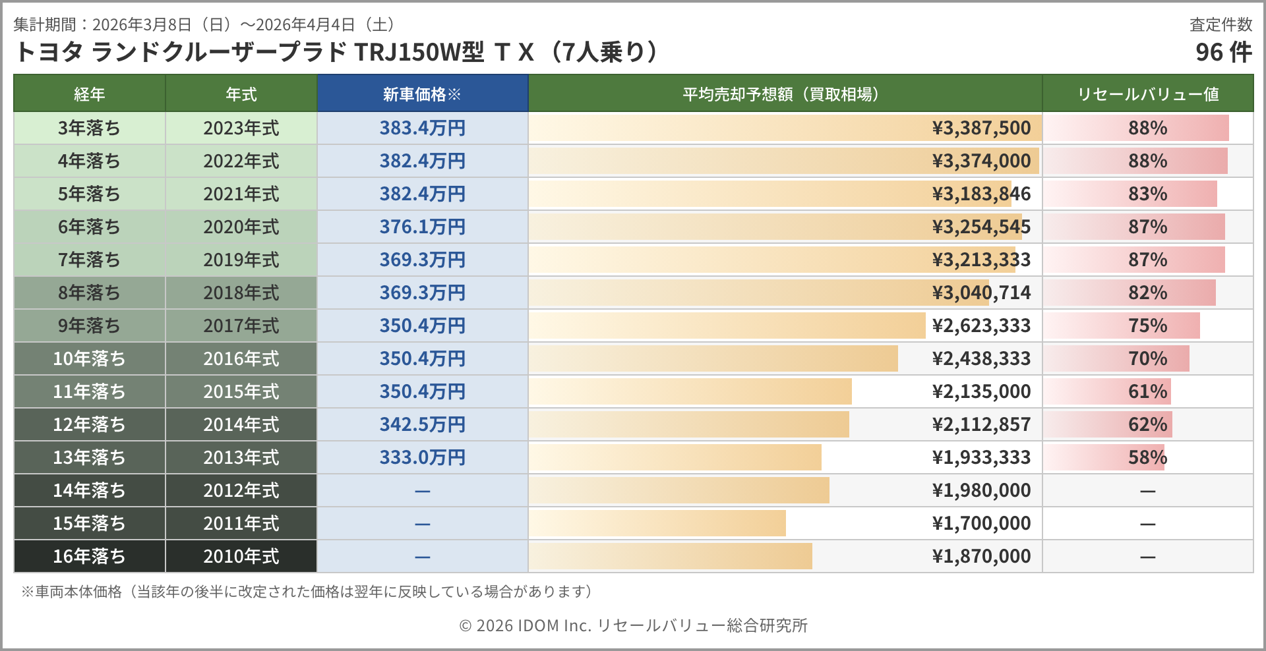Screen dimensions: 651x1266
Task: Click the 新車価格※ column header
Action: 422,94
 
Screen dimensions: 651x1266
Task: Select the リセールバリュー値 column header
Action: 1147,94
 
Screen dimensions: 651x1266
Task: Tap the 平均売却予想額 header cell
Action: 784,94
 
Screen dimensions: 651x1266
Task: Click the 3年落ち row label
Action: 89,128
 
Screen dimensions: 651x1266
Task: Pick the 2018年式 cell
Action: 241,293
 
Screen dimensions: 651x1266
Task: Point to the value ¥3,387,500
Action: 981,128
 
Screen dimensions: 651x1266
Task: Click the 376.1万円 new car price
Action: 422,227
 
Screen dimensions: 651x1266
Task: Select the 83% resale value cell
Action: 1147,194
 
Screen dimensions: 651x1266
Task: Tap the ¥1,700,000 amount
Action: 981,523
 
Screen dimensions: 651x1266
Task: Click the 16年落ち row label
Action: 89,556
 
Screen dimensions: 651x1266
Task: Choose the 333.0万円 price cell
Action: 422,457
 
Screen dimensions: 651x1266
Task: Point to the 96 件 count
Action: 1223,52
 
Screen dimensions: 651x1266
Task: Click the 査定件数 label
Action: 1221,24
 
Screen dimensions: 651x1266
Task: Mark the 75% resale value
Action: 1147,325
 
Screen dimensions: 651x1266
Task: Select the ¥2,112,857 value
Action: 981,424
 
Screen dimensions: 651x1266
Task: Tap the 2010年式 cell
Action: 241,556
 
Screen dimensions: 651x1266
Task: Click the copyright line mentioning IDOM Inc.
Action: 633,625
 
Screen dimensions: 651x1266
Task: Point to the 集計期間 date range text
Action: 204,24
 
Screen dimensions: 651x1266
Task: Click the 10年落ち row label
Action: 89,358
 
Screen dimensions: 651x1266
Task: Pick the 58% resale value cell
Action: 1147,457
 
